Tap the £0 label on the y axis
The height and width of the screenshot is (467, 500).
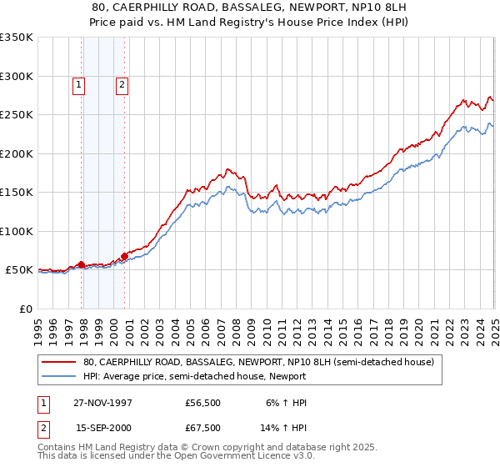tap(25, 309)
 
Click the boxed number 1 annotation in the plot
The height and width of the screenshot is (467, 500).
tap(78, 83)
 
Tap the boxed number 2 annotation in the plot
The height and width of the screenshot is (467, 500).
tap(122, 83)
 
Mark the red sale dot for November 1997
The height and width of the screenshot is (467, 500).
tap(82, 265)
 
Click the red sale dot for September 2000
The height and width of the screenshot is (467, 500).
tap(124, 256)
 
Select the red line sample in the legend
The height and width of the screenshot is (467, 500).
tap(59, 363)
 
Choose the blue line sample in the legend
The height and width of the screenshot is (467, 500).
tap(59, 376)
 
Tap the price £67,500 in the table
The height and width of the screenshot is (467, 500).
tap(203, 427)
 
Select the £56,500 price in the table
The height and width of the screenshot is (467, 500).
tap(203, 403)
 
